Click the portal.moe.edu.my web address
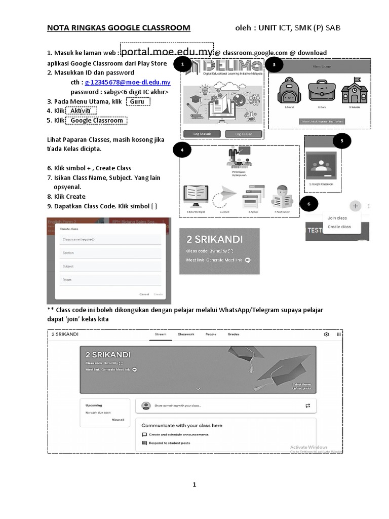(x=167, y=52)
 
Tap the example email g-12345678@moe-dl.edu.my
(x=127, y=82)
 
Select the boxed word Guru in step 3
(x=137, y=101)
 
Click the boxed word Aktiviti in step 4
(x=81, y=111)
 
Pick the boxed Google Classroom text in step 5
(x=96, y=121)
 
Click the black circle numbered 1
(x=183, y=64)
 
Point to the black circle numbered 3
(x=274, y=65)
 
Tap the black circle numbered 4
(x=182, y=150)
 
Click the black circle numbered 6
(x=309, y=205)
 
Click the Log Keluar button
(x=244, y=134)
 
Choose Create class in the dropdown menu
(x=339, y=227)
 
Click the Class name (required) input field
(x=110, y=239)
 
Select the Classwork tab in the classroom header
(x=186, y=335)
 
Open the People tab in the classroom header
(x=211, y=335)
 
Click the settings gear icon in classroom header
(x=326, y=335)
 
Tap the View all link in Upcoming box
(x=118, y=420)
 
